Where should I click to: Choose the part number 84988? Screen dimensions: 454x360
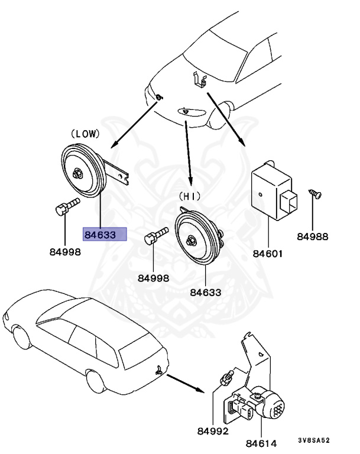pyautogui.click(x=313, y=236)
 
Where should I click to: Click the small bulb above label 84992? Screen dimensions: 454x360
pyautogui.click(x=225, y=376)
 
